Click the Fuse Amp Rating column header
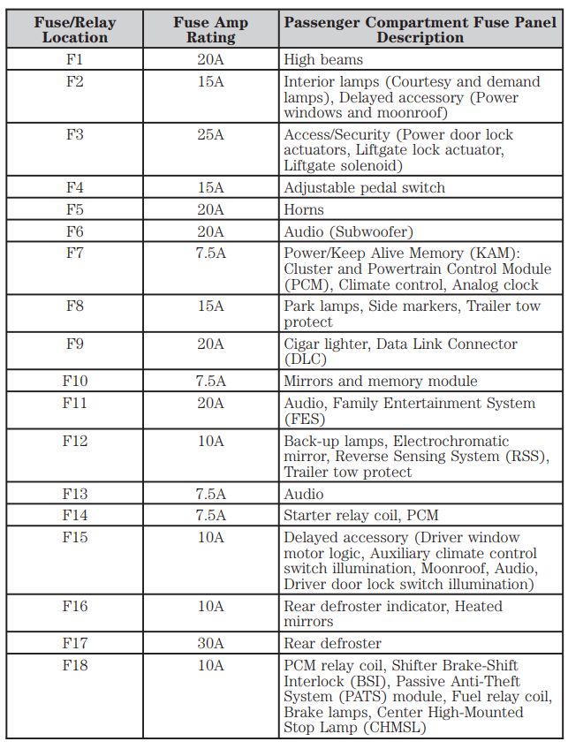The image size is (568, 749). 210,29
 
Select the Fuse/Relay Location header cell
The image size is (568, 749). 74,29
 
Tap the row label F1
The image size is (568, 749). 74,60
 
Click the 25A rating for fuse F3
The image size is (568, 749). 210,135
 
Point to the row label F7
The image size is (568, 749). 74,253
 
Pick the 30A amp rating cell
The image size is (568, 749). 210,643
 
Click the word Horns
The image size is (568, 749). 304,209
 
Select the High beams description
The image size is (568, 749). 323,60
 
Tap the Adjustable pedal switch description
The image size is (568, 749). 364,187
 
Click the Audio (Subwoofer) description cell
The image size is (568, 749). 348,231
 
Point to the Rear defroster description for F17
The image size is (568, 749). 332,643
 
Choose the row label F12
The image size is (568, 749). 74,441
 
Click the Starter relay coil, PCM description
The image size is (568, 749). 360,515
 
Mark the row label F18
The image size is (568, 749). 74,665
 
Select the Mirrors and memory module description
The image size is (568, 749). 380,381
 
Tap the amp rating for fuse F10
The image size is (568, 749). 210,381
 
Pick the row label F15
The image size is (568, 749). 74,537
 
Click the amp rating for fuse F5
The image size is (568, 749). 210,209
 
